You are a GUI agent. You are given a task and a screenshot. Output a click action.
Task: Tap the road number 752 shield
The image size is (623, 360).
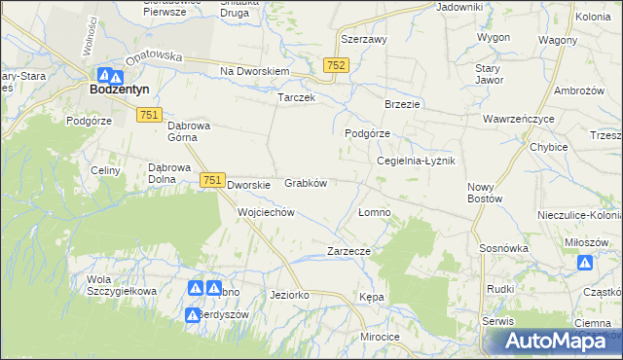point(336,64)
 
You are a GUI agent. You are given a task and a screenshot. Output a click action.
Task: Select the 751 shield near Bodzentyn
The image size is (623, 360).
point(149,115)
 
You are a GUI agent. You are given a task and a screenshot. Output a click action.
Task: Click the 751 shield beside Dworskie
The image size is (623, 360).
point(213,181)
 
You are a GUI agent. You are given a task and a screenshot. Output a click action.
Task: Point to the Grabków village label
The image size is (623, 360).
point(305,183)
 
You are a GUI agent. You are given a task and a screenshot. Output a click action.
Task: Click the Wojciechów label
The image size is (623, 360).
point(266,212)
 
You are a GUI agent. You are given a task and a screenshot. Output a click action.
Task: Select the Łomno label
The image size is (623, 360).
point(374,212)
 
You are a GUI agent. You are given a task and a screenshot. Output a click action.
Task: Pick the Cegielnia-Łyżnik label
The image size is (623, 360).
point(416,162)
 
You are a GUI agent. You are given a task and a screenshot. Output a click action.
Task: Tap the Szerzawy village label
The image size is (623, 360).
point(364,40)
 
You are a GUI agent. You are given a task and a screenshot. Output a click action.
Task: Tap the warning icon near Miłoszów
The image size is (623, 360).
point(585,263)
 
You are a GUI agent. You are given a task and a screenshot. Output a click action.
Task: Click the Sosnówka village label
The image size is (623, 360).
point(503,248)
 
